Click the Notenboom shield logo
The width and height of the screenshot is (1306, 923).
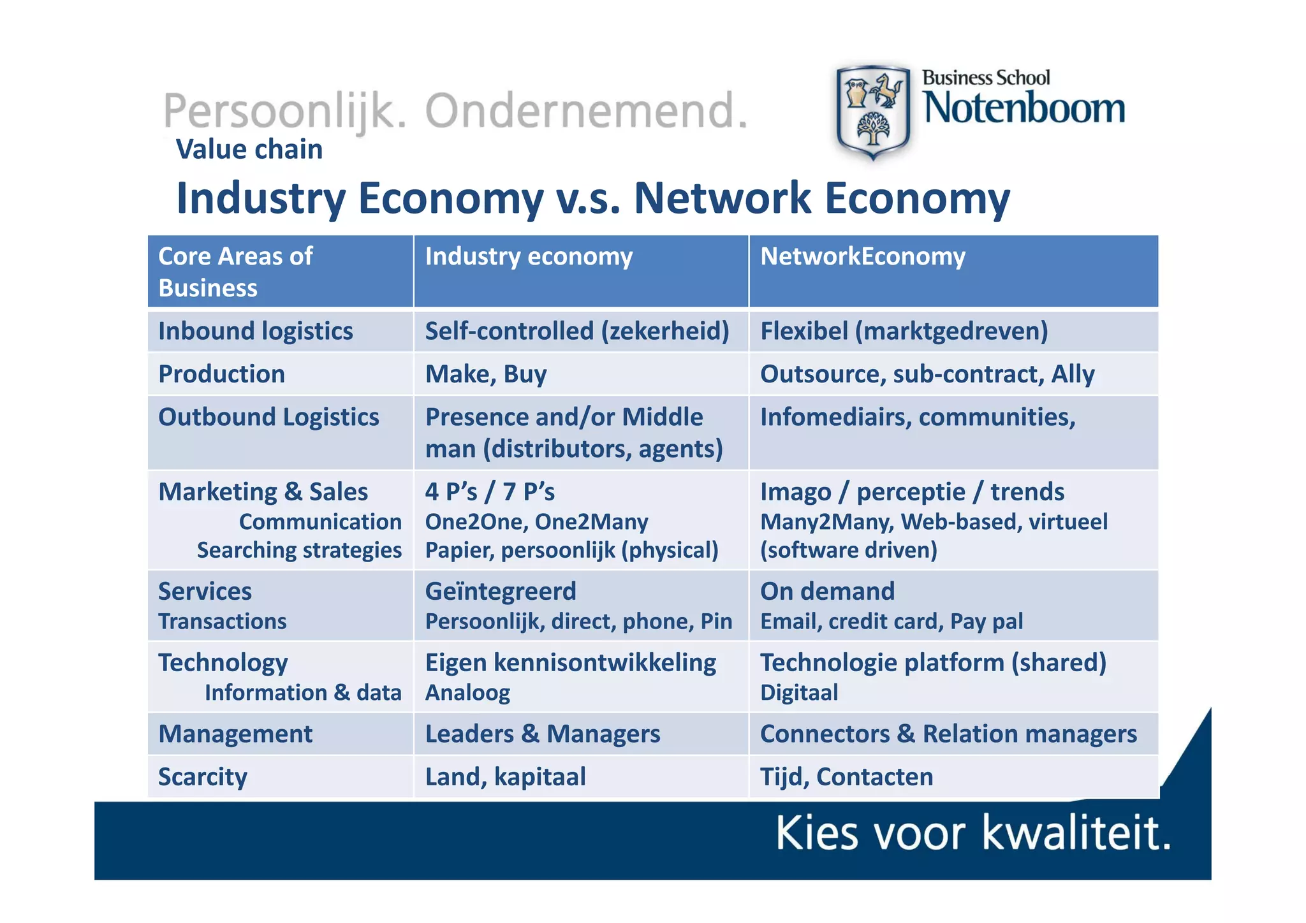pyautogui.click(x=872, y=112)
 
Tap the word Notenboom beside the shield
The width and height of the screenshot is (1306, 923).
pyautogui.click(x=1024, y=108)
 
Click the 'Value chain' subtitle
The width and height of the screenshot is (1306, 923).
pyautogui.click(x=249, y=149)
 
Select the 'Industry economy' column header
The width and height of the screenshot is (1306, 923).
pyautogui.click(x=529, y=256)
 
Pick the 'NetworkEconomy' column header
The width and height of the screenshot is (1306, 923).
pyautogui.click(x=863, y=256)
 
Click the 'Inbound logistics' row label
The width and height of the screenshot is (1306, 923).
pyautogui.click(x=255, y=331)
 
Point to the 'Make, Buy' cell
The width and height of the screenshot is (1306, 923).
pyautogui.click(x=486, y=374)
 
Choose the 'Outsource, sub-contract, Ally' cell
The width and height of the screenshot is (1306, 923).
pyautogui.click(x=927, y=374)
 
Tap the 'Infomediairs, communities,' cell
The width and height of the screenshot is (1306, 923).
pyautogui.click(x=918, y=417)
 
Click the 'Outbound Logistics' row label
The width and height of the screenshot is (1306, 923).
pyautogui.click(x=268, y=417)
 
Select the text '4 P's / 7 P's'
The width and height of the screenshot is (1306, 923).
pyautogui.click(x=490, y=491)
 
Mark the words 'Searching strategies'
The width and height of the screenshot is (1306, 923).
pyautogui.click(x=299, y=550)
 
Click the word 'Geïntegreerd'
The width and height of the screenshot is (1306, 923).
pyautogui.click(x=501, y=592)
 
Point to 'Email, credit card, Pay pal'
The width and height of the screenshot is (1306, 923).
pyautogui.click(x=891, y=621)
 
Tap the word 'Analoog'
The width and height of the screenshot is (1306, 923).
pyautogui.click(x=467, y=693)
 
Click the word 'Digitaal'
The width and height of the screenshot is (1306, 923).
pyautogui.click(x=799, y=693)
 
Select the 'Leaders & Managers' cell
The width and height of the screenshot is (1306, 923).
pyautogui.click(x=543, y=734)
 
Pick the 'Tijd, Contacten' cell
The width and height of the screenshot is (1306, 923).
pyautogui.click(x=846, y=777)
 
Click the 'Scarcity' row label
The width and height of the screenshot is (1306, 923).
pyautogui.click(x=203, y=777)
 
